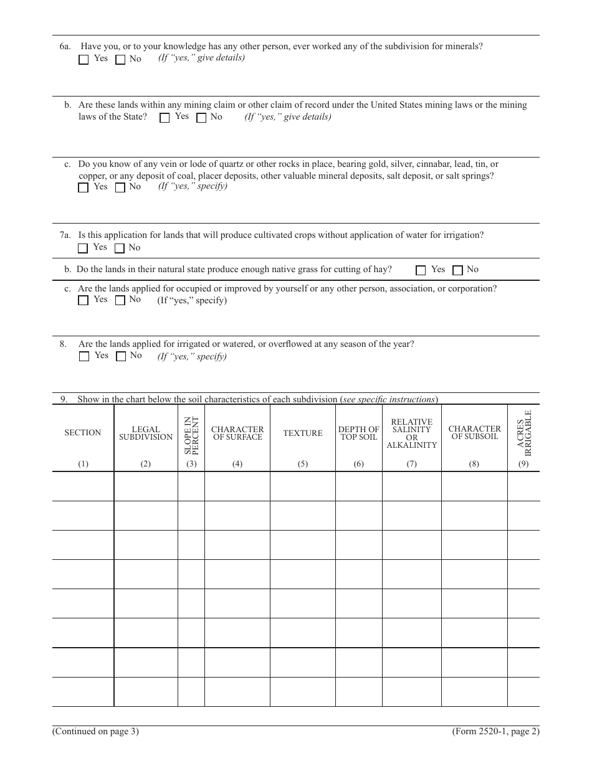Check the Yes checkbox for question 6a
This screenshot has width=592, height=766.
84,60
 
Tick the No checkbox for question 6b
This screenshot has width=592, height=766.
201,118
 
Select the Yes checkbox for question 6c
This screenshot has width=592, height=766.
84,187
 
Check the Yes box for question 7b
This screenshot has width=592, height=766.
421,270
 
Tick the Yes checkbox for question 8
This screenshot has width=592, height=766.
84,357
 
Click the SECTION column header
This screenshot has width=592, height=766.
83,433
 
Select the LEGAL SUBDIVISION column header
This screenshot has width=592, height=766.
146,433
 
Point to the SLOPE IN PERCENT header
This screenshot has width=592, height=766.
191,435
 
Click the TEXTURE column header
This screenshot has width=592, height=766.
303,433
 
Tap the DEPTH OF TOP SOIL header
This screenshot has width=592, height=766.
359,433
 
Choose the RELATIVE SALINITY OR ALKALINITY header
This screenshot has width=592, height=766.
412,433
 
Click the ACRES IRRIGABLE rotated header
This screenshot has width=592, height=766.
524,430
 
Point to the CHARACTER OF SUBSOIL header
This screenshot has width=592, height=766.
474,433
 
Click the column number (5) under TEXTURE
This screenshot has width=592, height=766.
303,464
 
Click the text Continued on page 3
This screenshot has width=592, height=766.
95,732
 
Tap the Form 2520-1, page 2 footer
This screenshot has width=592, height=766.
495,732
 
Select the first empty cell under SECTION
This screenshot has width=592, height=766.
83,486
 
